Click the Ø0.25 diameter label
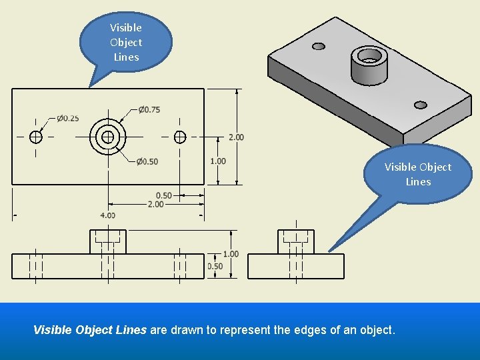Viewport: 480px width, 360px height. [67, 118]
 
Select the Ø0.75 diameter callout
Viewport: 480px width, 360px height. [149, 109]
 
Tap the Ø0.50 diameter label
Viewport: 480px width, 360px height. [147, 161]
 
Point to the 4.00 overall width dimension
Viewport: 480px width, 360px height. [107, 215]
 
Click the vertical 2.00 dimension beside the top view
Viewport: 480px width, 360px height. [236, 137]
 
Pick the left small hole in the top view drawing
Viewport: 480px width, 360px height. [36, 137]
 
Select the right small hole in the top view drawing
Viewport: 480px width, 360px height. [179, 137]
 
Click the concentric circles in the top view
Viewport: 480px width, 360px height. [108, 137]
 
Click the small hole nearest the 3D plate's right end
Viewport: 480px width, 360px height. [420, 105]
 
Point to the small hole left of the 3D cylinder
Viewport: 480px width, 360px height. [319, 46]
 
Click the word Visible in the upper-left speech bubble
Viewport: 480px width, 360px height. [125, 27]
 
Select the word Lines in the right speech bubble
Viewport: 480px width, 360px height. [418, 181]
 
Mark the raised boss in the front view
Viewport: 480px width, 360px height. [108, 241]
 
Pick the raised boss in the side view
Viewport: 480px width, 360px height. [296, 241]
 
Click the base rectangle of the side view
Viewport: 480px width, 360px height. [296, 266]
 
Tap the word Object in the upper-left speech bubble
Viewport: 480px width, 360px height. [125, 42]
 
